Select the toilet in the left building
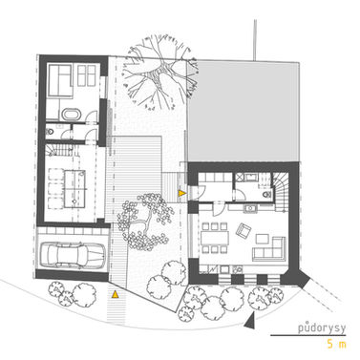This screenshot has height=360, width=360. pos(50,131)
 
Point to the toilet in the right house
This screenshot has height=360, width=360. pos(266,194)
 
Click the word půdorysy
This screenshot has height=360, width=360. pos(322,328)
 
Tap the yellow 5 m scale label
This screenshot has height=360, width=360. pos(336,344)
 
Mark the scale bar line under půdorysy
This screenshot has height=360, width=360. pos(308,335)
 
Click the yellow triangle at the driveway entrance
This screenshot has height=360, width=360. pos(115,294)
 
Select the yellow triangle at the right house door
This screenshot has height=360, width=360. pos(182,193)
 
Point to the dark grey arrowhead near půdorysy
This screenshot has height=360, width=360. pos(250,321)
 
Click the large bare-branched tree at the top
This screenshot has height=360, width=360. pos(159,74)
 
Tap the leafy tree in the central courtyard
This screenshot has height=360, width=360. pos(144,221)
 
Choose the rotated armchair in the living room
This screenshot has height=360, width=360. pos(244,230)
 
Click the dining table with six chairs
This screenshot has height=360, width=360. pos(215,238)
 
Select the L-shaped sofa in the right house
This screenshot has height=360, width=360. pos(269,249)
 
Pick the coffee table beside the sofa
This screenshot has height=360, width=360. pos(263,239)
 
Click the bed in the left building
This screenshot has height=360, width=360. pos(59,80)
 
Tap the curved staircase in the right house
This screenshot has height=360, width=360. pos(280,192)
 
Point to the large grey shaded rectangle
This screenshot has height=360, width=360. pos(244,112)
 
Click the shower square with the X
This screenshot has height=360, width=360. pos(239,177)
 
